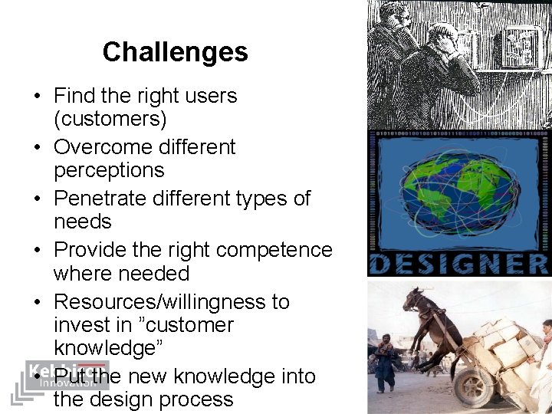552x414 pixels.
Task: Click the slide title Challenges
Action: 175,52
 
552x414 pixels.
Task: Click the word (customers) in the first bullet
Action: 110,119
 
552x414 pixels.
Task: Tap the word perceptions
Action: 109,170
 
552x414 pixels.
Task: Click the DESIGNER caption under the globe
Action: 458,264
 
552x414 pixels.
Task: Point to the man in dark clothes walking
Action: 385,360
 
